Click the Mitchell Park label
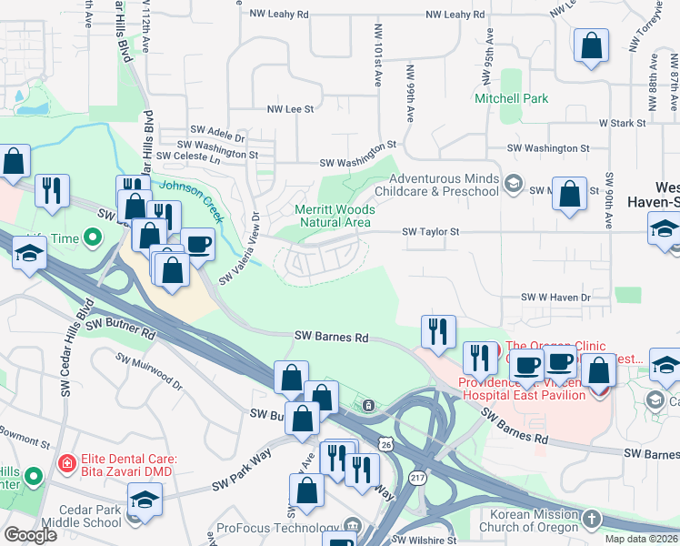(x=511, y=98)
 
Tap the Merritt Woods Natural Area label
(x=334, y=216)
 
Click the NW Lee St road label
(x=290, y=108)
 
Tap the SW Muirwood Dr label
(x=151, y=373)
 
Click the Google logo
(x=30, y=534)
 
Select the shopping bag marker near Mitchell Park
(x=591, y=46)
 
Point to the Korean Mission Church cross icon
(x=592, y=520)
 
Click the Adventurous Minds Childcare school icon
(x=513, y=186)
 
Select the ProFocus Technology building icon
(x=352, y=528)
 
